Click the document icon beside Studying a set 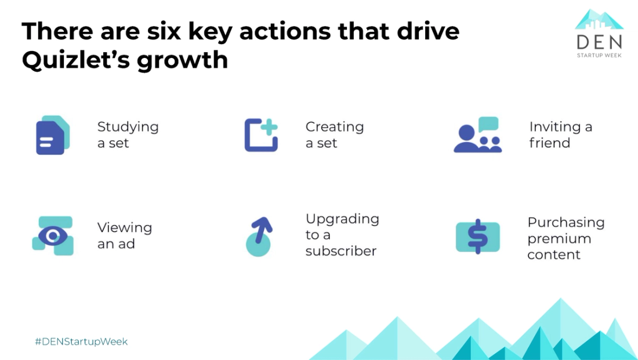coord(52,135)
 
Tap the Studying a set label coord(128,134)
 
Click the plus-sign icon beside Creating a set coord(261,134)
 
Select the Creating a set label coord(334,134)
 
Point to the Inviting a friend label coord(560,134)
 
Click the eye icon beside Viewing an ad coord(53,235)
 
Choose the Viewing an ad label coord(124,235)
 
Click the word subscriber coord(341,251)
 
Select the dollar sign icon coord(477,236)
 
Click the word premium coord(559,238)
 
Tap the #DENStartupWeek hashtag coord(81,341)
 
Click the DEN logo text coord(599,42)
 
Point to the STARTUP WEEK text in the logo coord(599,56)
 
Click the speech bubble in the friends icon coord(488,123)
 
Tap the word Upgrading coord(342,219)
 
